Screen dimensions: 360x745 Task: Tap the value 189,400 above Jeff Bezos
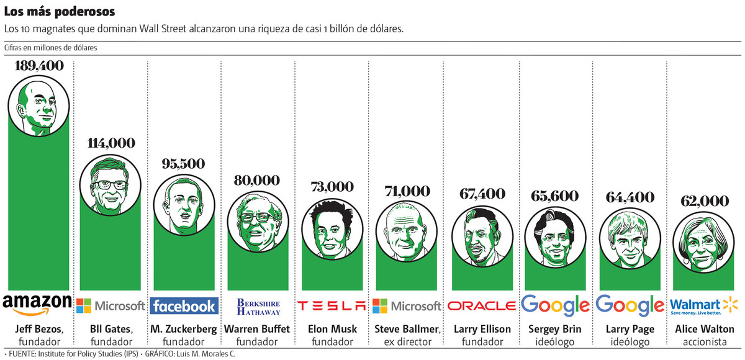click(x=37, y=65)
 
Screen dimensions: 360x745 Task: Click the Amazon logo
click(x=37, y=304)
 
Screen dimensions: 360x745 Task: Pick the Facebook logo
click(x=184, y=305)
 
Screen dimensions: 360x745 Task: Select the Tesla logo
click(x=332, y=305)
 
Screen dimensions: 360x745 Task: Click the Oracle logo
click(x=481, y=305)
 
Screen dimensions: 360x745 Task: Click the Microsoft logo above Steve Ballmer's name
click(x=407, y=305)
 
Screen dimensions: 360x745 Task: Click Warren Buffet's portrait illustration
click(x=258, y=222)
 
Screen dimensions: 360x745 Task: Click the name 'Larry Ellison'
click(x=482, y=329)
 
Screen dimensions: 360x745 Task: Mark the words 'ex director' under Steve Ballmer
click(x=407, y=341)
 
